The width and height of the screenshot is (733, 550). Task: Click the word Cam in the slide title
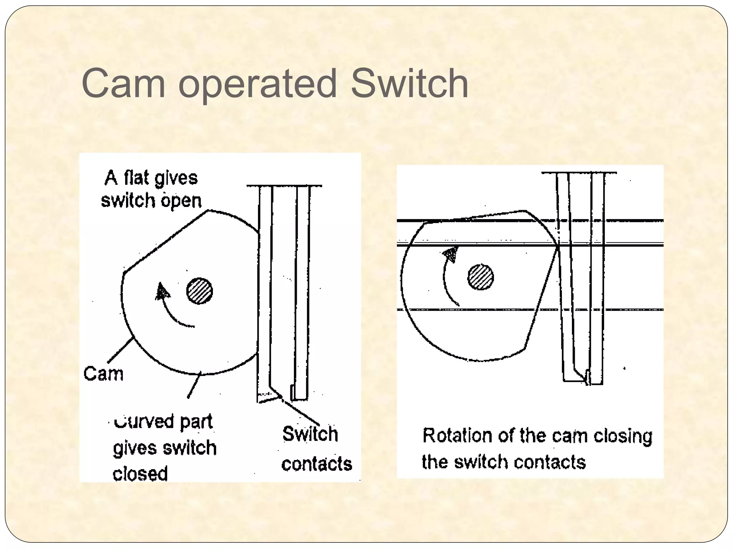tap(123, 84)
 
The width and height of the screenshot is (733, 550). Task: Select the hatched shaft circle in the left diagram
tap(199, 291)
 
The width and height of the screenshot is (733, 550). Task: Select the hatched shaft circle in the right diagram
tap(480, 277)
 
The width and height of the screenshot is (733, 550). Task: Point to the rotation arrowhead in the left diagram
tap(162, 291)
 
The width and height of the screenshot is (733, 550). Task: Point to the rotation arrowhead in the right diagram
tap(451, 254)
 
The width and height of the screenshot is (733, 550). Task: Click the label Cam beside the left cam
tap(103, 374)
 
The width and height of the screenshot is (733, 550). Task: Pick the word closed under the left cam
tap(140, 473)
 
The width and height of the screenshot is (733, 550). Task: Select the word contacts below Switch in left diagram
tap(316, 464)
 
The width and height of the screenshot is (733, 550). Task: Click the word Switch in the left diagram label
tap(310, 434)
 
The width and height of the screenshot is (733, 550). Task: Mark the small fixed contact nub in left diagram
tap(292, 392)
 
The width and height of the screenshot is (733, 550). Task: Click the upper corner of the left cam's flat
tap(208, 211)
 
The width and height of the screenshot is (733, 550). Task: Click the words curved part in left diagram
tap(163, 421)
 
